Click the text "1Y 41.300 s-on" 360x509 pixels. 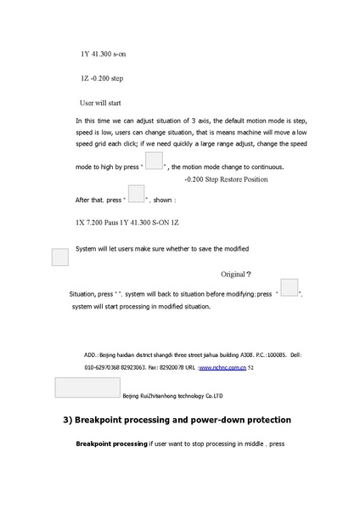point(104,54)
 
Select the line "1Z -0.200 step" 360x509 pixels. point(102,78)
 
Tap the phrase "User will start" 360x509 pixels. point(106,102)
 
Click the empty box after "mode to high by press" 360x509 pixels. point(154,161)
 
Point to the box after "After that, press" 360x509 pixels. point(136,194)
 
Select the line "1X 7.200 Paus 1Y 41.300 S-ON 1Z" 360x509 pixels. point(127,223)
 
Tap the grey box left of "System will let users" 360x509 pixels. point(59,257)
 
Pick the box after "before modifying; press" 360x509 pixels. point(290,287)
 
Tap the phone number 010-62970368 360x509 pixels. point(101,368)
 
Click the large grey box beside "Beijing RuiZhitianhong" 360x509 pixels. point(87,387)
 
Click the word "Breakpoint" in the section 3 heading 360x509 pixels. point(107,420)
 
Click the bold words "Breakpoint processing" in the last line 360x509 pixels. point(111,444)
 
